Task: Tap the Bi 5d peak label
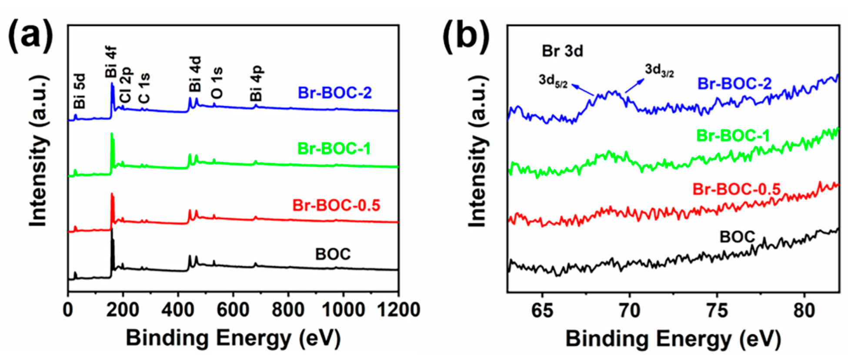[x=80, y=91]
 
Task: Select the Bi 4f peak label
[x=111, y=62]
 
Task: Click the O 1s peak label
[x=217, y=83]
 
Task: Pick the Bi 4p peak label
[x=257, y=83]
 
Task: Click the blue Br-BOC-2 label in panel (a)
[x=334, y=93]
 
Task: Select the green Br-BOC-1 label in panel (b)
[x=733, y=136]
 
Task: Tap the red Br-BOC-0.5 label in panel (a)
[x=336, y=205]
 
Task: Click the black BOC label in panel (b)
[x=738, y=237]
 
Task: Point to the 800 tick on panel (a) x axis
[x=288, y=310]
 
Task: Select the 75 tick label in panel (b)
[x=717, y=311]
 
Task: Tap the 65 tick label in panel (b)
[x=542, y=311]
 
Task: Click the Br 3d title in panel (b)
[x=562, y=51]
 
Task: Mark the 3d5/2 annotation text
[x=553, y=80]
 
